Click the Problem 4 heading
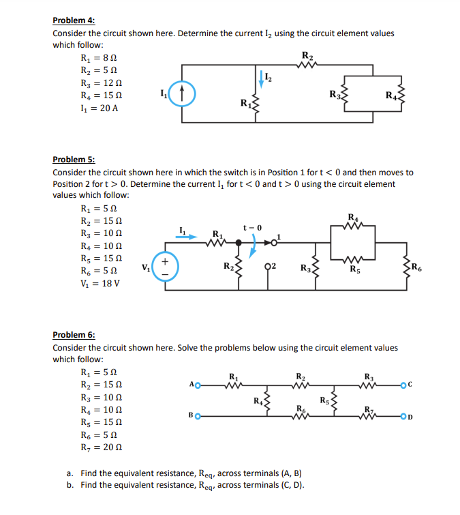[x=74, y=20]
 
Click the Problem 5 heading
[x=74, y=160]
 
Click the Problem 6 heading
[x=74, y=335]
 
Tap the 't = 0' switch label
[x=251, y=227]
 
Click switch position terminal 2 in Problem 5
[x=268, y=265]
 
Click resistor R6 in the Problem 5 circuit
[x=405, y=267]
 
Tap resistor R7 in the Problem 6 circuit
[x=369, y=413]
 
